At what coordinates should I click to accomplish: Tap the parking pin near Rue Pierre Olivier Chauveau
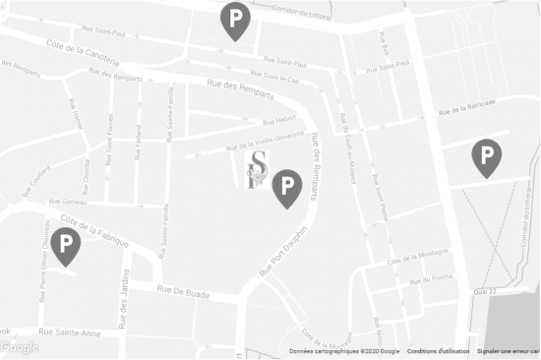(x=66, y=245)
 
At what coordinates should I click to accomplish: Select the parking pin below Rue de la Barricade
(x=486, y=156)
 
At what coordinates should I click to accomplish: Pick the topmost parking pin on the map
(x=234, y=20)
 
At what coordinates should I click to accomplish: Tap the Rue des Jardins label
(x=124, y=314)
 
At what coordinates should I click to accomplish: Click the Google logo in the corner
(x=20, y=347)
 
